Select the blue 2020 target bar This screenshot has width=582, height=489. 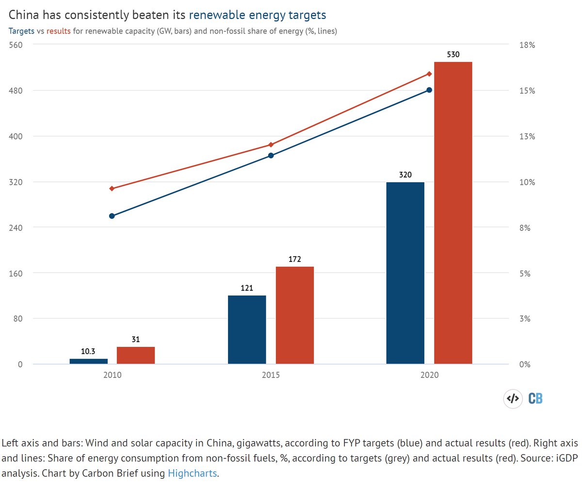(405, 273)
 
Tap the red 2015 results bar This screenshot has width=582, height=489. (295, 315)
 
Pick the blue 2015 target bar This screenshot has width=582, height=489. (247, 329)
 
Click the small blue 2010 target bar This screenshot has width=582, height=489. (89, 361)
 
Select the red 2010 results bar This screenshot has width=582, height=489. (136, 355)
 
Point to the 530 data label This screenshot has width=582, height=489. (453, 55)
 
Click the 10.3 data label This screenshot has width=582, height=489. (88, 352)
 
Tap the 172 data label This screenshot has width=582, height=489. (295, 260)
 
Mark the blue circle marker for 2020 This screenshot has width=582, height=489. (429, 90)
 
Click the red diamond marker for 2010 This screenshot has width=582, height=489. (112, 188)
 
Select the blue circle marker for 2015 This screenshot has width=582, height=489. (271, 156)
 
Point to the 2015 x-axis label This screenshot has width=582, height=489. (271, 375)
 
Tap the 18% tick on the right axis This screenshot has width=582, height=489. (527, 45)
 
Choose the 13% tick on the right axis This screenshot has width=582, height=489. (527, 136)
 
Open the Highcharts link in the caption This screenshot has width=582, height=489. (192, 473)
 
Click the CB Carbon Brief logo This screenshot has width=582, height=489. (535, 399)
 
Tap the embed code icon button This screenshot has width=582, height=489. (513, 399)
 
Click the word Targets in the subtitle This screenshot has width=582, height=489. (22, 31)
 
